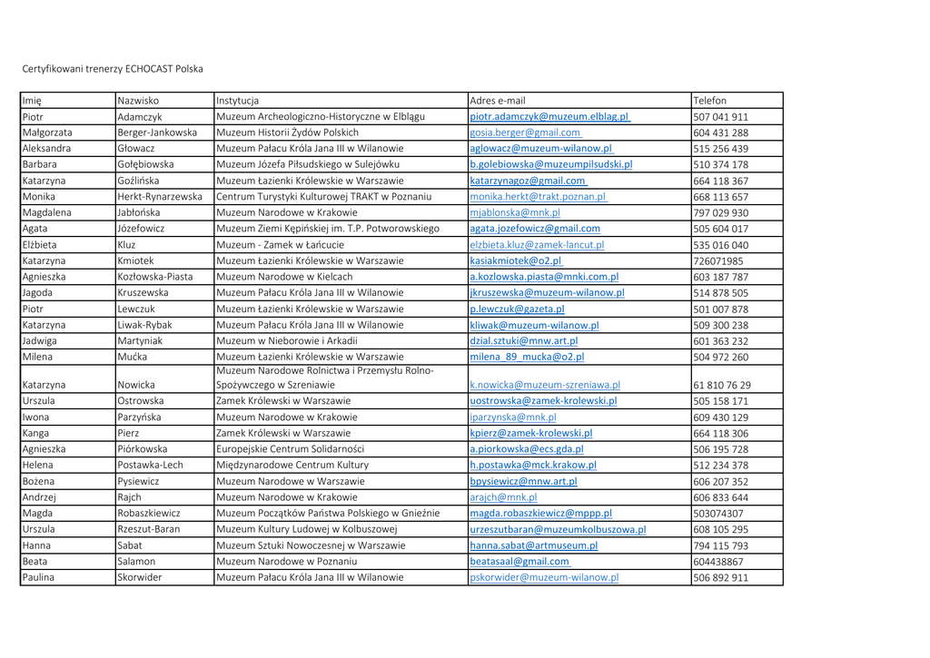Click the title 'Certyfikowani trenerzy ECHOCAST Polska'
click(113, 69)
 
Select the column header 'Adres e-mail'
click(497, 101)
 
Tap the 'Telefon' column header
click(710, 101)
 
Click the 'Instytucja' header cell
click(238, 101)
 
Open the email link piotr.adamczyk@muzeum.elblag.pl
click(549, 117)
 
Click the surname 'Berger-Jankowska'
click(157, 133)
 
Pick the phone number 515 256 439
click(720, 149)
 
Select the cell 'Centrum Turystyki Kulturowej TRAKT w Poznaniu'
click(323, 197)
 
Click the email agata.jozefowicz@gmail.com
click(534, 229)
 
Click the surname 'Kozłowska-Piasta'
click(155, 277)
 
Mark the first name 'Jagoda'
click(38, 293)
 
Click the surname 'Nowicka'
click(136, 385)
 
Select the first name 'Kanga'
click(36, 433)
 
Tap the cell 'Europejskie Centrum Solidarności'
click(290, 449)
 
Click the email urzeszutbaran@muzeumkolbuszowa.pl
click(558, 529)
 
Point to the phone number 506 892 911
click(720, 577)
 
